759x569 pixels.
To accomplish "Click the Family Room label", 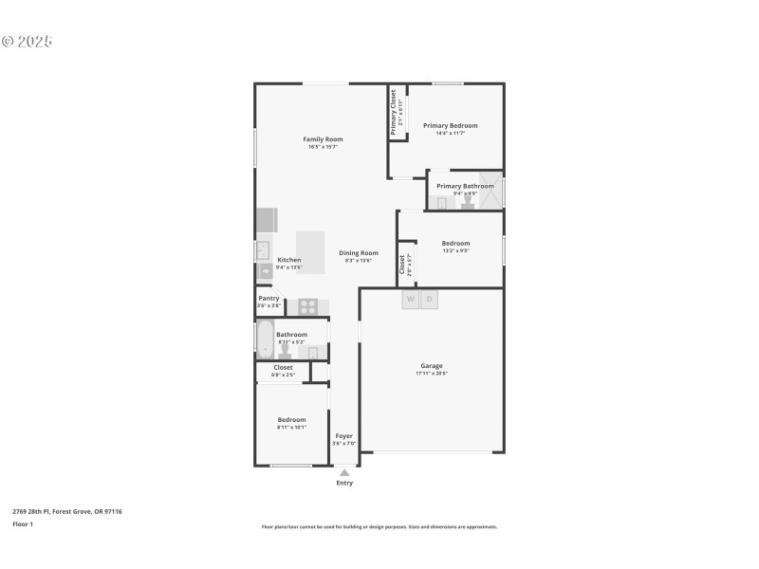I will coord(323,139).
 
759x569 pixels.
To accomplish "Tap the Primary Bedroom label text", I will coord(450,125).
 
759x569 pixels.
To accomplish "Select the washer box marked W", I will coord(411,300).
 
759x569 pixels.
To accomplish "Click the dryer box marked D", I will coord(429,300).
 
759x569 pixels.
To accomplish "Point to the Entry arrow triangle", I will coord(344,472).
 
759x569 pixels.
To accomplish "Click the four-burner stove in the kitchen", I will coord(308,306).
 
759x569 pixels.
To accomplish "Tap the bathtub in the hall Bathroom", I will coord(264,339).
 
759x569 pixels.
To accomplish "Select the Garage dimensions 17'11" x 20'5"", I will coord(432,374).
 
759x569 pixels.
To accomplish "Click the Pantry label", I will coord(268,298).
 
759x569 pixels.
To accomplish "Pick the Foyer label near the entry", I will coord(344,436).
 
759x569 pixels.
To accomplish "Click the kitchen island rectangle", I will coord(310,251).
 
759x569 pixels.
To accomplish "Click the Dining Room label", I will coord(359,252).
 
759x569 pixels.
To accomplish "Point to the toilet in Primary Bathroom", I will coord(468,202).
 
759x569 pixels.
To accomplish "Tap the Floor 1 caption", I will coord(23,523).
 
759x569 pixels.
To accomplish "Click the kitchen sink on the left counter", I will coord(263,250).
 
